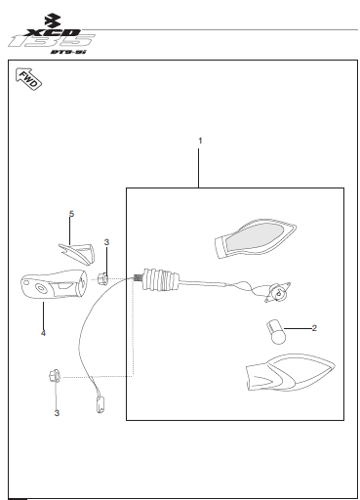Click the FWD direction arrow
27,80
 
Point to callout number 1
200,142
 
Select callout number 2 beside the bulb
314,329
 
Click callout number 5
71,213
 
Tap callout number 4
43,333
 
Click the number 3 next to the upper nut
106,241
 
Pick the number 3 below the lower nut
57,413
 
